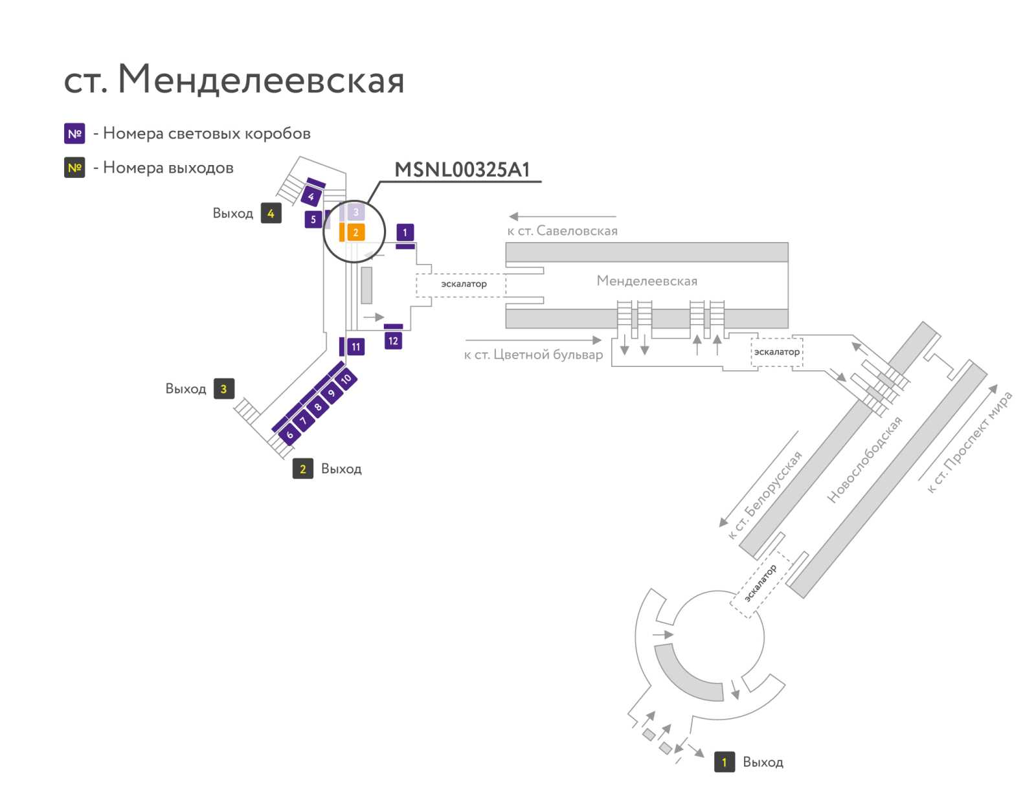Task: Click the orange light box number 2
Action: point(355,232)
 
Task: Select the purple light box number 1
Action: point(405,232)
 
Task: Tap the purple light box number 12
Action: point(392,340)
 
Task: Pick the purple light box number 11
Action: point(355,347)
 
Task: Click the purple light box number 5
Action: point(313,219)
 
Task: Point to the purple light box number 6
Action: point(289,434)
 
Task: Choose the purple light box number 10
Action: point(346,378)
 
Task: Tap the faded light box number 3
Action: point(356,212)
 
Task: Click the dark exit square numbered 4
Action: point(271,213)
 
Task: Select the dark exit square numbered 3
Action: point(224,388)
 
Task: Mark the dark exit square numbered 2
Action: point(302,469)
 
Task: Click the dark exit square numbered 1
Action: point(724,762)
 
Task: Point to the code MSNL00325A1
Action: point(462,170)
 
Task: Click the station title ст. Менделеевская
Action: point(234,79)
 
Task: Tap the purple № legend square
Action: point(74,133)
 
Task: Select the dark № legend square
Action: point(74,168)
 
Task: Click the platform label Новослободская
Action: point(864,459)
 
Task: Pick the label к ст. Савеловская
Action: point(562,230)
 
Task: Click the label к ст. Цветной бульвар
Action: point(534,354)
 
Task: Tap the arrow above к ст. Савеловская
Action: point(563,216)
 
